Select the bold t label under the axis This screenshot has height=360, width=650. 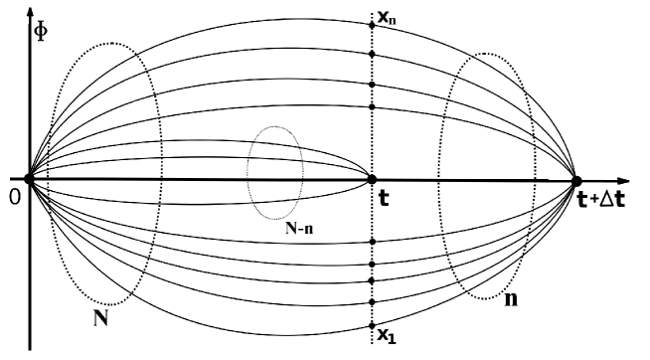point(384,197)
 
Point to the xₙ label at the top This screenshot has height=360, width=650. point(388,17)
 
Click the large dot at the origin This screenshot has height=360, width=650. point(29,180)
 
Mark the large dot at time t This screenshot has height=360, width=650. point(372,180)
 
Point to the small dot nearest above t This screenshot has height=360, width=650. point(372,106)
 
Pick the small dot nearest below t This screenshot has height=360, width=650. point(372,242)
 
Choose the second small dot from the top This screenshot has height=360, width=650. point(372,52)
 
